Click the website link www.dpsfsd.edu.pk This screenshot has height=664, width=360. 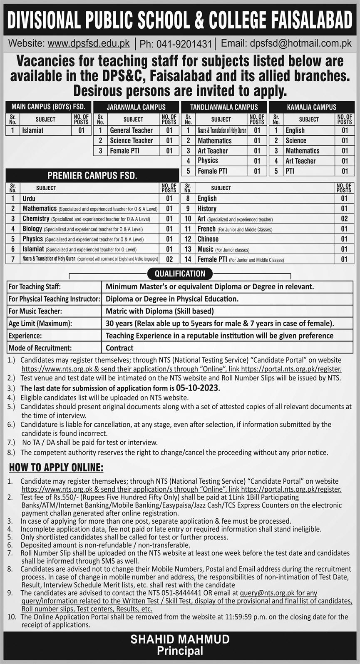89,43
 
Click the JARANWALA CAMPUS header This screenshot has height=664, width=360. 136,107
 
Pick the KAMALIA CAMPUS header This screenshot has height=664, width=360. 312,107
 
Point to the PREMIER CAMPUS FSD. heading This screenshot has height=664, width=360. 92,175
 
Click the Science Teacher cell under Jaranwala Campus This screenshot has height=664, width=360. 131,141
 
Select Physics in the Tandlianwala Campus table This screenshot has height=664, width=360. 208,161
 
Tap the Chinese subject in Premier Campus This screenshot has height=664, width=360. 208,239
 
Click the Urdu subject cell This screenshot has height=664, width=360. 29,199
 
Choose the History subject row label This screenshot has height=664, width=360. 207,209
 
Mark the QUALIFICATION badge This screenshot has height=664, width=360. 180,274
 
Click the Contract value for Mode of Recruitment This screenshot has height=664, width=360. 119,348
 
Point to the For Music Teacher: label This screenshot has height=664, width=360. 35,311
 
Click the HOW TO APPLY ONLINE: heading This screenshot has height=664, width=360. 56,468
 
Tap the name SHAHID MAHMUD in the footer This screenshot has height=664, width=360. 180,639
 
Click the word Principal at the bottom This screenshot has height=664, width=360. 180,651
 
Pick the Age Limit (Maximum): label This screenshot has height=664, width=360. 40,323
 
